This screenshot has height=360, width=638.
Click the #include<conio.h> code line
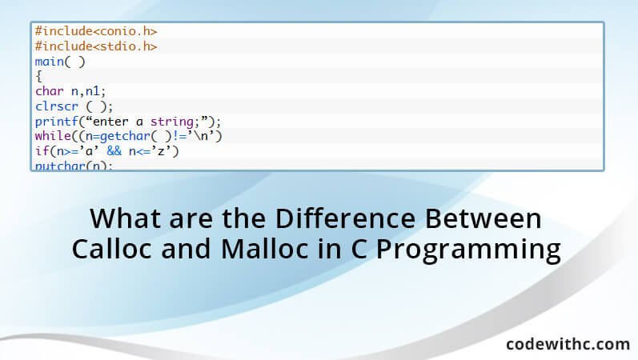pyautogui.click(x=95, y=31)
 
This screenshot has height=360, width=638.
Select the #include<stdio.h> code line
pyautogui.click(x=95, y=46)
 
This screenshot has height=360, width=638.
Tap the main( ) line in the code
pyautogui.click(x=59, y=62)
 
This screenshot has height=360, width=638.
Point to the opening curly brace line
pyautogui.click(x=38, y=77)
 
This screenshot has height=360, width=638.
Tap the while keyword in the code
pyautogui.click(x=50, y=137)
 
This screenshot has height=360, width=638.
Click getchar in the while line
pyautogui.click(x=117, y=137)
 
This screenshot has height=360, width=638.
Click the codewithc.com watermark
pyautogui.click(x=568, y=343)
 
